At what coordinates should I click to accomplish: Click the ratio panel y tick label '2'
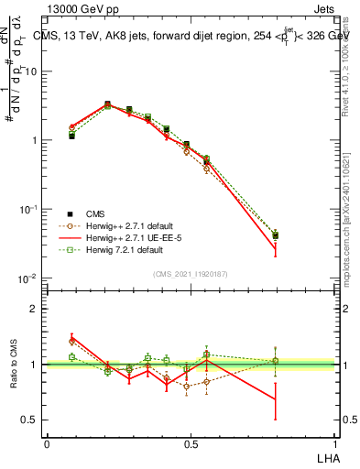33,309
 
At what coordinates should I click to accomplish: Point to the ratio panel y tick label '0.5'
28,420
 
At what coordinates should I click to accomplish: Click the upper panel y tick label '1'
33,140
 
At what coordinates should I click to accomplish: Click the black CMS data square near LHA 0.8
276,235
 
